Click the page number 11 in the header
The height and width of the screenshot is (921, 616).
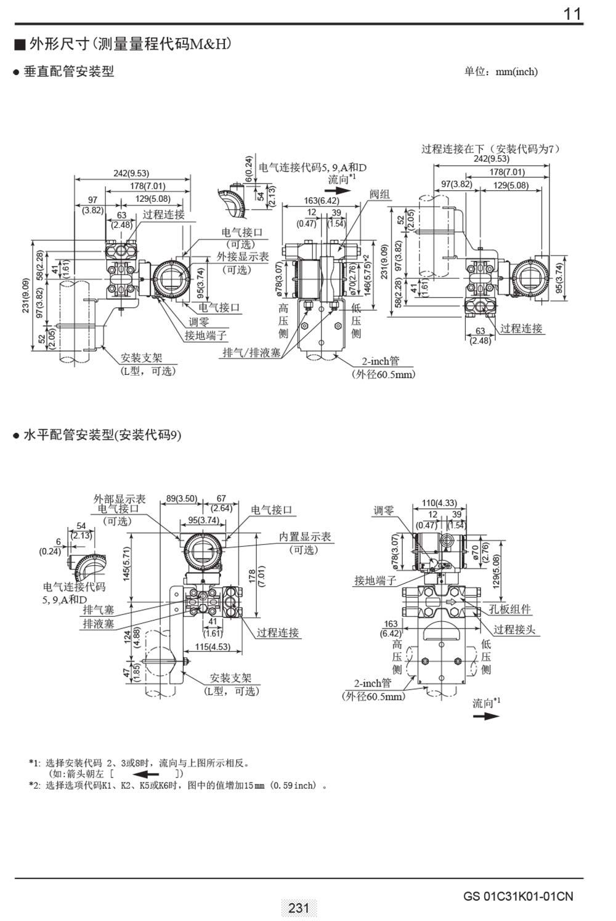click(x=572, y=14)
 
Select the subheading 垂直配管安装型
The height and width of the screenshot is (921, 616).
click(x=68, y=71)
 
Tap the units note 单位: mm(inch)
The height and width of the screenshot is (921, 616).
click(x=500, y=71)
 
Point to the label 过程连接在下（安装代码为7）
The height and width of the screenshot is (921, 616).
click(x=490, y=148)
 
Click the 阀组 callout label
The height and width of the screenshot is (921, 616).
click(x=380, y=195)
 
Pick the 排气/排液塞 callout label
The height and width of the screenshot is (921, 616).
click(x=252, y=353)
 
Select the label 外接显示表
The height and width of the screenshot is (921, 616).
click(x=243, y=257)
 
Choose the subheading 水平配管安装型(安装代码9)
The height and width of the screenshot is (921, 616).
click(x=102, y=435)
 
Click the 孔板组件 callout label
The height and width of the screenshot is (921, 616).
click(x=510, y=609)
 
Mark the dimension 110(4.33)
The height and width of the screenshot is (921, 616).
click(x=439, y=503)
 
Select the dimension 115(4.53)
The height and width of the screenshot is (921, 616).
click(x=213, y=646)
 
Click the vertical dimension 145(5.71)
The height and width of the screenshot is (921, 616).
click(x=126, y=563)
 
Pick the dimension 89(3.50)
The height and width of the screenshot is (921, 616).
click(x=182, y=499)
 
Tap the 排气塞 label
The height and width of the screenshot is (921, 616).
click(x=99, y=609)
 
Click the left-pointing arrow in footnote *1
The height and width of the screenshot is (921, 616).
click(x=142, y=774)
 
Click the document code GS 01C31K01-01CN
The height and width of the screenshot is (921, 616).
click(x=518, y=896)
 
